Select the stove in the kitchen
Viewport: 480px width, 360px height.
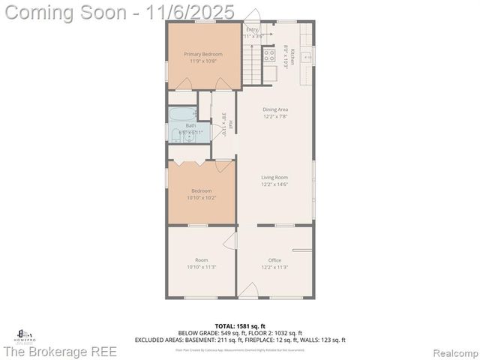(268, 54)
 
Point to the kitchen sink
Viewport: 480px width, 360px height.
(307, 56)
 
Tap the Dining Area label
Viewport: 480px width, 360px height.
(275, 109)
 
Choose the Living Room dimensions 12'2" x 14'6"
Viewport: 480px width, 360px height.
(275, 184)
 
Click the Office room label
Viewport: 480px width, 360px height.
(275, 260)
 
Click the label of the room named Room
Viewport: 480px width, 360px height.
(202, 260)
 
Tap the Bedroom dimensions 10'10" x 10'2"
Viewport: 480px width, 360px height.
(202, 198)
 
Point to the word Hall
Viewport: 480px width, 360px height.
(230, 125)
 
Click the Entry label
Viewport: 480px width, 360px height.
(251, 29)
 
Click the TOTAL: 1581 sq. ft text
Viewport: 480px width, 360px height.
(240, 326)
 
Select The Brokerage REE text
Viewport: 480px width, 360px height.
(60, 352)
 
